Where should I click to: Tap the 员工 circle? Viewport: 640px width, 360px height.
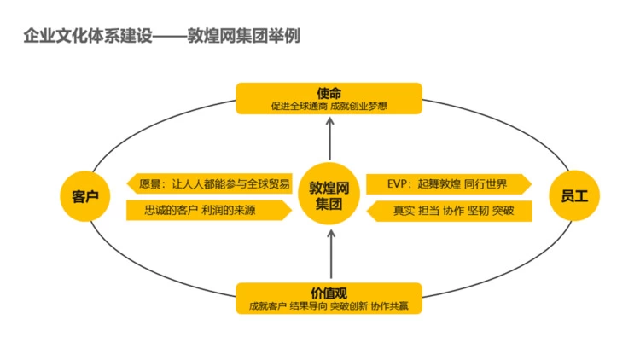573,197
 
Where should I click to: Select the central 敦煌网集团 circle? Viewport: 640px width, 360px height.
329,197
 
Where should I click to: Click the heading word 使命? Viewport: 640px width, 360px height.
329,93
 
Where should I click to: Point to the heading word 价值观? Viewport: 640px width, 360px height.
329,293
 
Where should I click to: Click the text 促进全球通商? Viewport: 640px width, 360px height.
300,107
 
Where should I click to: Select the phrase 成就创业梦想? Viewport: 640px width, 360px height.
358,107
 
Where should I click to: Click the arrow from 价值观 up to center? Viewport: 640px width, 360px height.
329,256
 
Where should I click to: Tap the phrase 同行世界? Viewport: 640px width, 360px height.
487,183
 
